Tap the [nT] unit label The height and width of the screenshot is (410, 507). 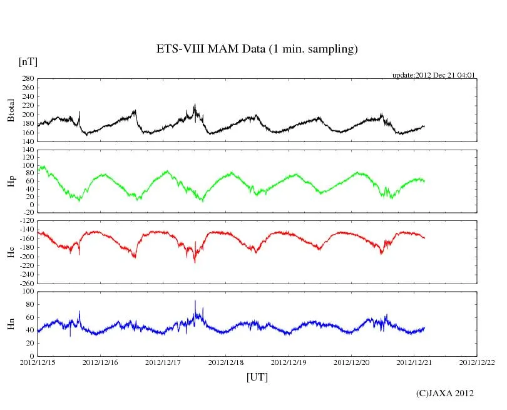tap(28, 62)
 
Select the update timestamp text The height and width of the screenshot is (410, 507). tap(434, 75)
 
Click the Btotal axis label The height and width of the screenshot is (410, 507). tap(11, 110)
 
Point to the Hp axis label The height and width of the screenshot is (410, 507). tap(11, 181)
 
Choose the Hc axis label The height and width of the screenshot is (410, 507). tap(11, 252)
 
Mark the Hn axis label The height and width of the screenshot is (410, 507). tap(11, 323)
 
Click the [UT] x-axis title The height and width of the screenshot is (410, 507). tap(257, 377)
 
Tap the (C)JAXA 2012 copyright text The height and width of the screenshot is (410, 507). tap(444, 393)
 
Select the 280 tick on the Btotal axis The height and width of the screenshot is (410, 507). tap(27, 79)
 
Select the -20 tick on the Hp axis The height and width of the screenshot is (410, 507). tap(28, 212)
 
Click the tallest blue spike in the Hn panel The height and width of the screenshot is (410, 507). tap(195, 302)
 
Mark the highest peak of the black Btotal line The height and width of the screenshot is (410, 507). tap(195, 105)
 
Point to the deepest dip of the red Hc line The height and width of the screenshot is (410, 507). tap(195, 262)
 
